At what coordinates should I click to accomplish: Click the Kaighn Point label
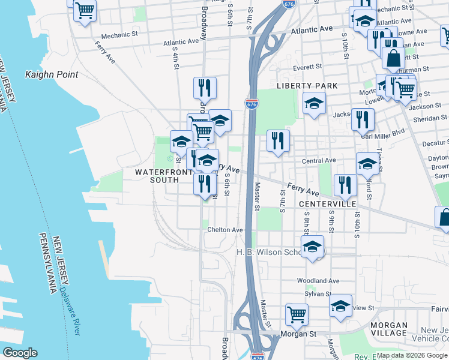coord(52,75)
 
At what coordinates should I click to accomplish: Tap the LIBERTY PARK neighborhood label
coord(307,86)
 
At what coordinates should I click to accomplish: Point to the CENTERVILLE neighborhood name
coord(327,204)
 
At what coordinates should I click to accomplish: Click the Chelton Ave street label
coord(225,230)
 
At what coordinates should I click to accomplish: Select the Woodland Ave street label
coord(318,281)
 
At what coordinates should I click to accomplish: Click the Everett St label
coord(307,68)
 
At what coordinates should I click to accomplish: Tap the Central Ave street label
coord(319,161)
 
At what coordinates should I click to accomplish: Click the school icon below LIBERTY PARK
coord(314,104)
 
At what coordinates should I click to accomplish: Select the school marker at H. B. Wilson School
coord(312,247)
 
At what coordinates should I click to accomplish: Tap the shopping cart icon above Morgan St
coord(297,314)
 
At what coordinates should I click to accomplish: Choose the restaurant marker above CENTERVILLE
coord(345,185)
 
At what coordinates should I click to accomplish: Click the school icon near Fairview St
coord(340,307)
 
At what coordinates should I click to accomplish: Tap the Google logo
coord(20,353)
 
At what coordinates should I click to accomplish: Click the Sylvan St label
coord(320,294)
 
